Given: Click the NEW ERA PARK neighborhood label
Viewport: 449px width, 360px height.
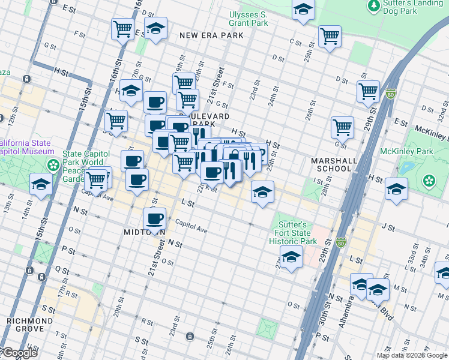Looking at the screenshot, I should pyautogui.click(x=212, y=35).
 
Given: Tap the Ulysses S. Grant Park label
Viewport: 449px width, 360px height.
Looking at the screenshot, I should pyautogui.click(x=248, y=19).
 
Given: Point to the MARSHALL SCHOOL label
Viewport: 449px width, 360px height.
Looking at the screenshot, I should pyautogui.click(x=334, y=164).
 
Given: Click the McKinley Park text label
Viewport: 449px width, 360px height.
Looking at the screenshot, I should pyautogui.click(x=426, y=151).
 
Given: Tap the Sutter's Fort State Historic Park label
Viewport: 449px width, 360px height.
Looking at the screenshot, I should pyautogui.click(x=295, y=233).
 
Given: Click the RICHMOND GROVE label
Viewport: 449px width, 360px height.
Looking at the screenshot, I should pyautogui.click(x=25, y=325).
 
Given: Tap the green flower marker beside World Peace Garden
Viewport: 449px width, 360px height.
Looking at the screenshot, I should pyautogui.click(x=53, y=164).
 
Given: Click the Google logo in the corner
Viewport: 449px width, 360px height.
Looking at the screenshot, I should pyautogui.click(x=19, y=353).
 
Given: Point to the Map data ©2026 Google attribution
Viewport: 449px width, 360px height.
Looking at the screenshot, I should pyautogui.click(x=412, y=355).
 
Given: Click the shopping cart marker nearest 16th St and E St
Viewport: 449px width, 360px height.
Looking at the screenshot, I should pyautogui.click(x=122, y=28).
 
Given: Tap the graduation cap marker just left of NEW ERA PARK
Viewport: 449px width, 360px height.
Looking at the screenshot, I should pyautogui.click(x=155, y=28).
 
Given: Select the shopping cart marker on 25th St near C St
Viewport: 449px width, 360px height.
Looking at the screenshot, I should pyautogui.click(x=330, y=35).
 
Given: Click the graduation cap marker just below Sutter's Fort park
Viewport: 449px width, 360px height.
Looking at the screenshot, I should pyautogui.click(x=291, y=257).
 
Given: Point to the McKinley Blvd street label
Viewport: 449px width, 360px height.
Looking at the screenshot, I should pyautogui.click(x=431, y=130).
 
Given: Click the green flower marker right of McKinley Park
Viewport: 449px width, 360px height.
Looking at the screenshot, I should pyautogui.click(x=429, y=180).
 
